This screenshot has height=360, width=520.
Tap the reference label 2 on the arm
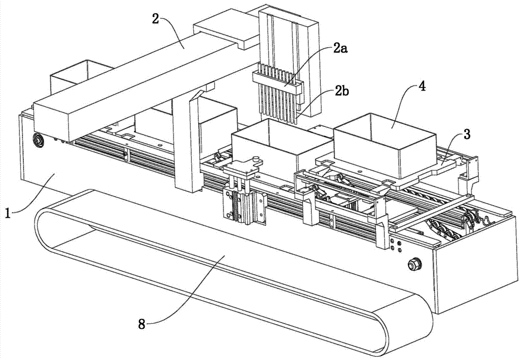pos(155,19)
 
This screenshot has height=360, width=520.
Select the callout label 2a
pos(340,49)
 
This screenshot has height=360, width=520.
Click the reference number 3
pos(466,135)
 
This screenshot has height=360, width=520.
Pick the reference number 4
pos(422,86)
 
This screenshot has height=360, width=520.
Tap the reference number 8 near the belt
pos(142,324)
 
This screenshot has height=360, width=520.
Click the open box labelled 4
pos(384,144)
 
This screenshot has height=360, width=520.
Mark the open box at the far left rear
pos(81,76)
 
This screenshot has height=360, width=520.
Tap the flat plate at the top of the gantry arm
pos(226,28)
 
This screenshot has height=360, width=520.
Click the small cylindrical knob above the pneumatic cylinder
pos(255,160)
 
